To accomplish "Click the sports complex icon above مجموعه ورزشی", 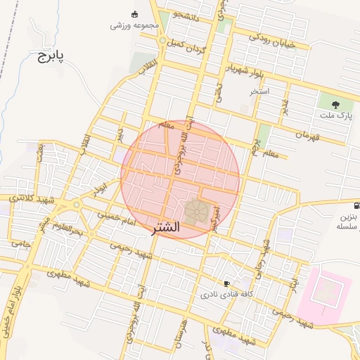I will click(135, 14).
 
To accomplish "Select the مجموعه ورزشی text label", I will click(134, 25).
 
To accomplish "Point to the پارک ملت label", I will click(336, 115).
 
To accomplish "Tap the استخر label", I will click(259, 92).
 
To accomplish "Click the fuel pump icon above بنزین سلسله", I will click(357, 206).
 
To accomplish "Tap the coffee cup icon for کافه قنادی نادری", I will click(226, 283).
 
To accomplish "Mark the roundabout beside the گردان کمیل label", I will click(162, 41).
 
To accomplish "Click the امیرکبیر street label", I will click(217, 218).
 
